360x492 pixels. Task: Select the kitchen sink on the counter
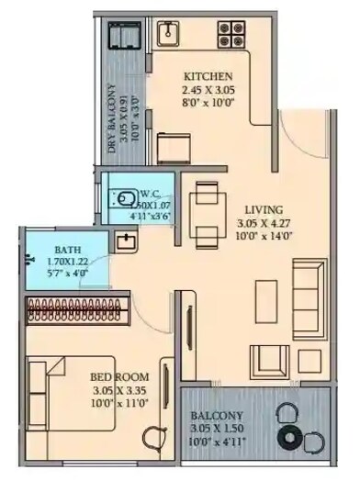pyautogui.click(x=168, y=35)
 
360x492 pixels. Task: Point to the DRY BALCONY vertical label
pyautogui.click(x=113, y=124)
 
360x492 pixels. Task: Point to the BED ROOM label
pyautogui.click(x=119, y=376)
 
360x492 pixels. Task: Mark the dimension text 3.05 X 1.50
pyautogui.click(x=218, y=429)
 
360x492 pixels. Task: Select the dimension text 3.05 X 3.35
pyautogui.click(x=119, y=390)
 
